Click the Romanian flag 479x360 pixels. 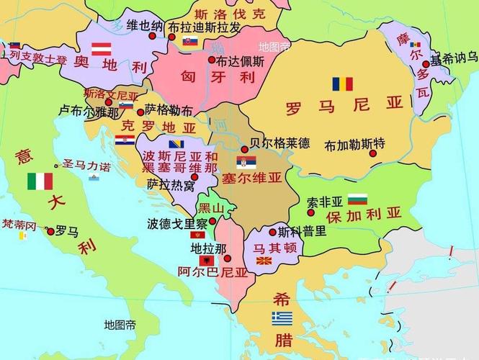tap(342, 84)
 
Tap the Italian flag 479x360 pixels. tap(40, 181)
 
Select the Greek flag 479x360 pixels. tap(282, 318)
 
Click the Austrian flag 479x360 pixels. tap(100, 49)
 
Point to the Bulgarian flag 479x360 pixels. tap(357, 199)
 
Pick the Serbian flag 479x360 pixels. tap(245, 163)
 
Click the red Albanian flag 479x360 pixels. tap(207, 260)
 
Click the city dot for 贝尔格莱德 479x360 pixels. tap(244, 150)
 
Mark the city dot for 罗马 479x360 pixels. tap(50, 231)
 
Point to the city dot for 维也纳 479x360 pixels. tap(153, 35)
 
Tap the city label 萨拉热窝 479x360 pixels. tap(171, 185)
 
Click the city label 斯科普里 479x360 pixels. tap(303, 231)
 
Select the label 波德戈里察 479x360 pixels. tap(177, 223)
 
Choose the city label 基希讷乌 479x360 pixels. tap(453, 58)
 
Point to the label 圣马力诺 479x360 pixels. tap(86, 167)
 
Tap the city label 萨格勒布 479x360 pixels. tap(169, 110)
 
